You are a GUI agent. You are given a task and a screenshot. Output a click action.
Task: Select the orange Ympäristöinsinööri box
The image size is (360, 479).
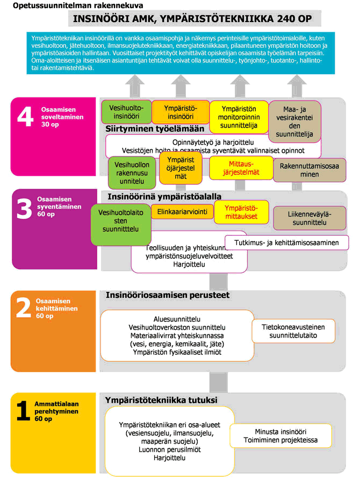click(x=179, y=112)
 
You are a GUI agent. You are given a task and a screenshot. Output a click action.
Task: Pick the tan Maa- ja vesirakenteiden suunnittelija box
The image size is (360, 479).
click(x=294, y=121)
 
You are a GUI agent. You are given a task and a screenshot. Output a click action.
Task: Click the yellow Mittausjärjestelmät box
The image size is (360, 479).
click(x=240, y=168)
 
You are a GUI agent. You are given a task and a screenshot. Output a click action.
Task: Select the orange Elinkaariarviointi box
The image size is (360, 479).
click(x=182, y=212)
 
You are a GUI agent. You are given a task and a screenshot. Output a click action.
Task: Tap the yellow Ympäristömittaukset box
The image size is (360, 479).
click(x=240, y=212)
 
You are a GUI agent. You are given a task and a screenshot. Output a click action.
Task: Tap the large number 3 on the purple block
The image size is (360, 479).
click(x=25, y=210)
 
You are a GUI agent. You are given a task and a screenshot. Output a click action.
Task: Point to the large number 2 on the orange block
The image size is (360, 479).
click(x=24, y=309)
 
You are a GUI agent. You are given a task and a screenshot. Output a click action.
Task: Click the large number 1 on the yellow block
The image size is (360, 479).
click(x=23, y=411)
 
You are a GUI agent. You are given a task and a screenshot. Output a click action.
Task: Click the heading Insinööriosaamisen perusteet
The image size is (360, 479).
click(x=167, y=295)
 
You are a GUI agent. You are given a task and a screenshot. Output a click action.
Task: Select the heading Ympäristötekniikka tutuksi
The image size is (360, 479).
click(x=161, y=400)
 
